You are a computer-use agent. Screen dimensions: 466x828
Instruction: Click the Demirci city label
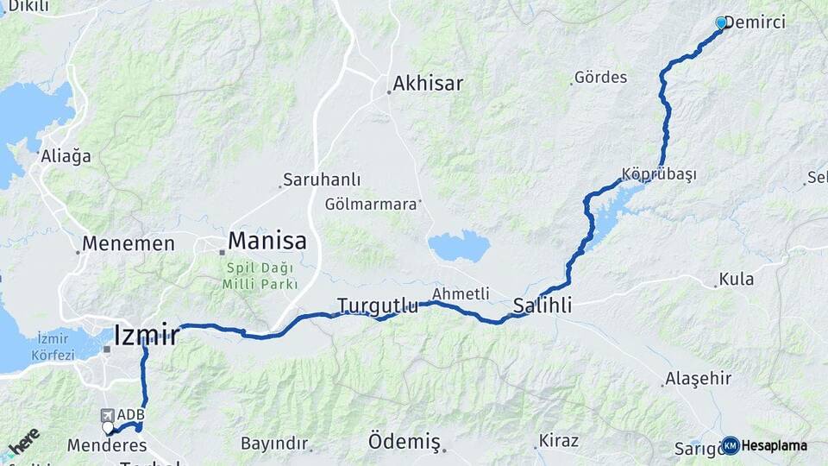click(x=756, y=22)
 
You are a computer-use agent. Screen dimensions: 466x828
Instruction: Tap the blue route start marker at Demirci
click(x=721, y=22)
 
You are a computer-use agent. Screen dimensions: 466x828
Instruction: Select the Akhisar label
click(x=428, y=84)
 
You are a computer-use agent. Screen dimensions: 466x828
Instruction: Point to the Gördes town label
click(x=601, y=78)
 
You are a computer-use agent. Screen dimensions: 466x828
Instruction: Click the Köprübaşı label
click(x=658, y=173)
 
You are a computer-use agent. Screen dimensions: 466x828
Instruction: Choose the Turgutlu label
click(x=378, y=305)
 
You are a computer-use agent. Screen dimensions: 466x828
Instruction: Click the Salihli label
click(x=543, y=305)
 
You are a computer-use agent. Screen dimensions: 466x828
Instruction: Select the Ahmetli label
click(x=461, y=293)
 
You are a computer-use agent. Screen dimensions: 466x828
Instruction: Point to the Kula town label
click(x=740, y=279)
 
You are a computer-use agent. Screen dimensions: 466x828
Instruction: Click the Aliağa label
click(x=66, y=156)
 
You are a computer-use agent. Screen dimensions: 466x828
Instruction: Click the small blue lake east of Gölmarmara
click(x=460, y=246)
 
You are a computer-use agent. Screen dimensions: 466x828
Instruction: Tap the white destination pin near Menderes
click(x=108, y=427)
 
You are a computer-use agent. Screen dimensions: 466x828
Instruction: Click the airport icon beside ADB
click(x=107, y=415)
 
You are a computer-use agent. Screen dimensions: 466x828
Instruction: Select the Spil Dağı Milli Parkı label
click(x=260, y=276)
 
